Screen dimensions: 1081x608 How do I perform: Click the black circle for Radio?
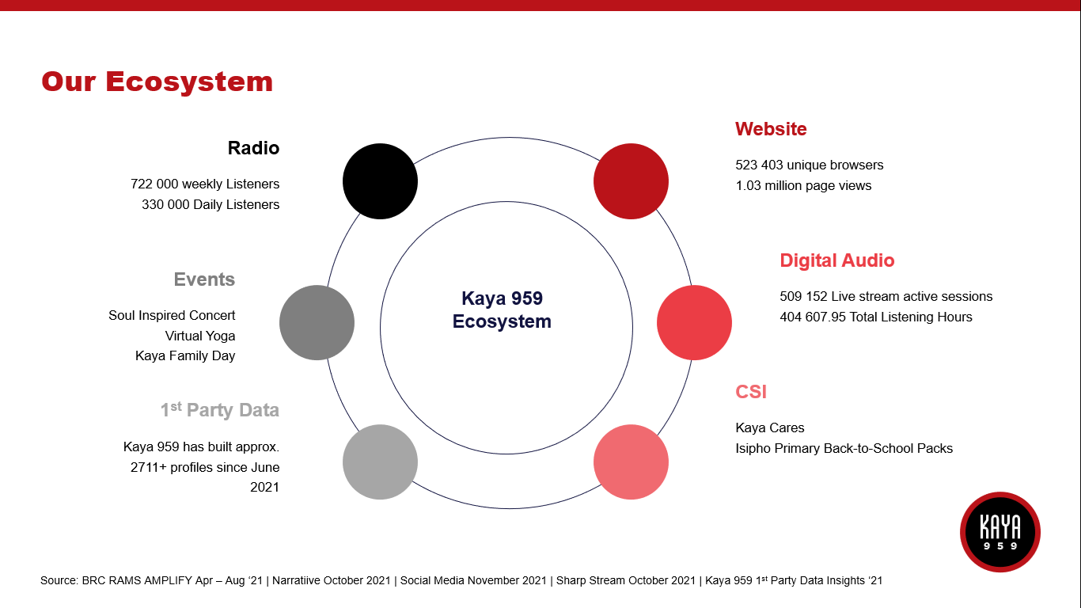click(381, 181)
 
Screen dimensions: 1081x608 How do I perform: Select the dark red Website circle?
click(631, 181)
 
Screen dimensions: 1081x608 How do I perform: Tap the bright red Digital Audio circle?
click(694, 322)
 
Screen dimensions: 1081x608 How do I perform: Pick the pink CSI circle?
click(631, 462)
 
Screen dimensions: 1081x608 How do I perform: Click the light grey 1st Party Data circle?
click(381, 462)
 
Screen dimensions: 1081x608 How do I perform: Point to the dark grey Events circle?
click(317, 322)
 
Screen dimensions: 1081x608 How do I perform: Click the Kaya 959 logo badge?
click(1000, 532)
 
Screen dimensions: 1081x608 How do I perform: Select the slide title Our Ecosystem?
click(157, 81)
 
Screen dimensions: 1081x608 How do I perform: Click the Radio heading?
click(253, 148)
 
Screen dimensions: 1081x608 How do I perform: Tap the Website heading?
click(771, 129)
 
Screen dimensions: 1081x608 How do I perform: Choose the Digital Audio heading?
click(836, 260)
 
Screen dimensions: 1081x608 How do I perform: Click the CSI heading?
click(751, 392)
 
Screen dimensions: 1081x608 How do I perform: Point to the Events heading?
click(204, 279)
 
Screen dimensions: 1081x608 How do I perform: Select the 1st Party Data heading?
click(219, 409)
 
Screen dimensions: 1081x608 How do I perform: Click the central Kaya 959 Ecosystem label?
click(502, 310)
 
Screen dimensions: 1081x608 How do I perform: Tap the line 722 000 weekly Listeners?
click(205, 184)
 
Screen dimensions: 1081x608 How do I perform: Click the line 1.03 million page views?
click(803, 185)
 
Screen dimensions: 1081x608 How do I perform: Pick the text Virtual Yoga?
click(199, 336)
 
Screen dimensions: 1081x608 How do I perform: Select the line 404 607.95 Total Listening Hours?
click(876, 317)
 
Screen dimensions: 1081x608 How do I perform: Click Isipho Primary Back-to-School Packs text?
click(844, 448)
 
